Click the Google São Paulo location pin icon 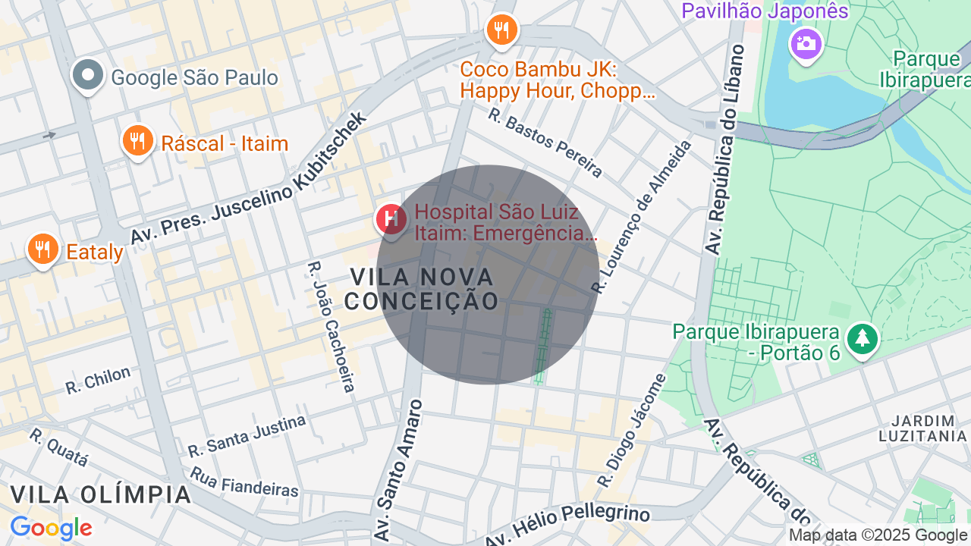pyautogui.click(x=89, y=75)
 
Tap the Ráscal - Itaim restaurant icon pyautogui.click(x=137, y=141)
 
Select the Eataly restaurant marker pyautogui.click(x=42, y=249)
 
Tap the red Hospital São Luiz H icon pyautogui.click(x=392, y=220)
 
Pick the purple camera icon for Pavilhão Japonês pyautogui.click(x=806, y=43)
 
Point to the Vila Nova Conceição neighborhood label pyautogui.click(x=422, y=289)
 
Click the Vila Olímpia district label pyautogui.click(x=101, y=494)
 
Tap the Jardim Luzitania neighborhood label pyautogui.click(x=922, y=428)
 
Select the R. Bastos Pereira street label pyautogui.click(x=545, y=143)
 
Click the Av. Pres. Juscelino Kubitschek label pyautogui.click(x=249, y=179)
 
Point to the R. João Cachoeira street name pyautogui.click(x=332, y=327)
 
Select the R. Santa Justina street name pyautogui.click(x=247, y=436)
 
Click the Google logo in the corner pyautogui.click(x=51, y=529)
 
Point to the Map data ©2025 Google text pyautogui.click(x=878, y=535)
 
